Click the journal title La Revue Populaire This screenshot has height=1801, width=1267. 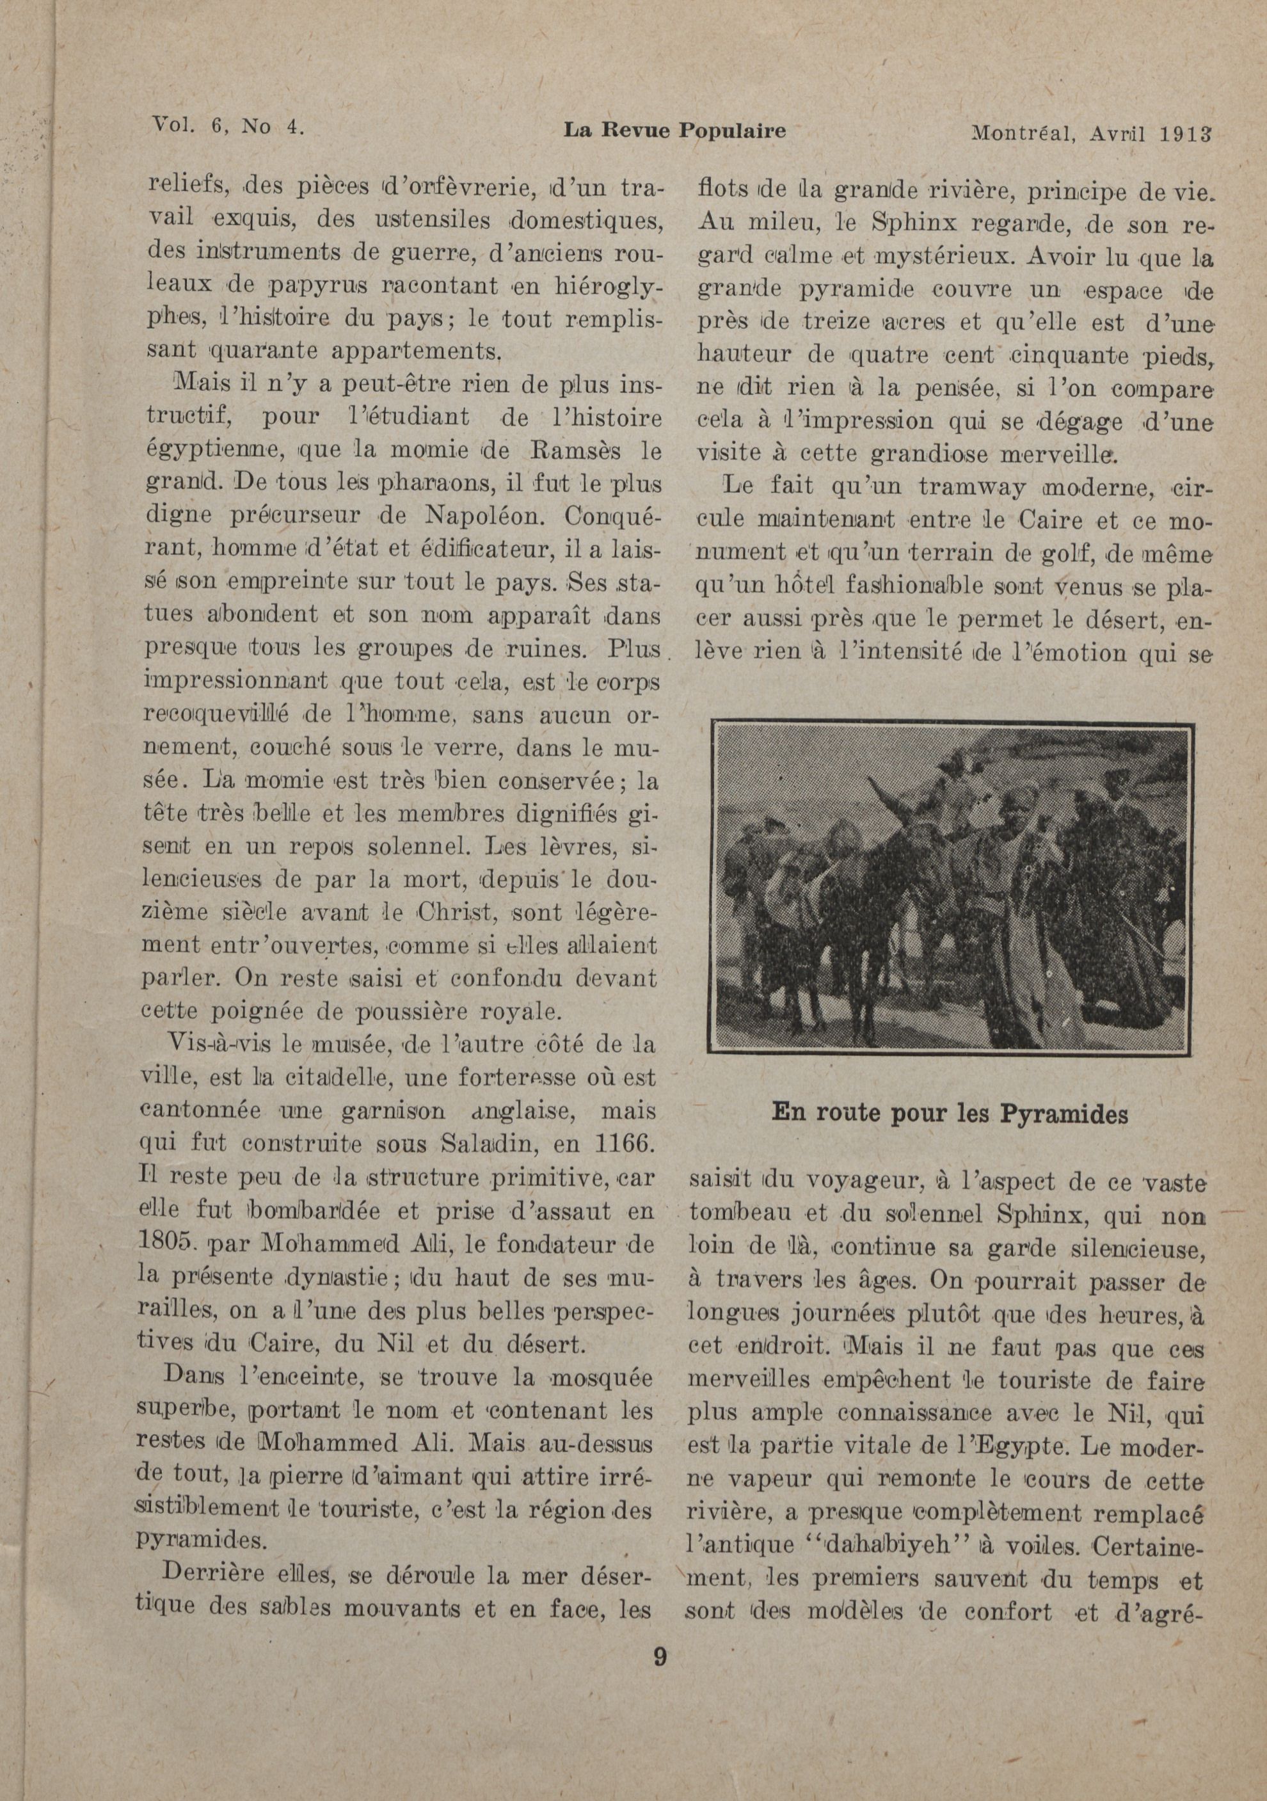click(x=674, y=131)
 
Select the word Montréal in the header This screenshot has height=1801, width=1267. click(x=1023, y=132)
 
